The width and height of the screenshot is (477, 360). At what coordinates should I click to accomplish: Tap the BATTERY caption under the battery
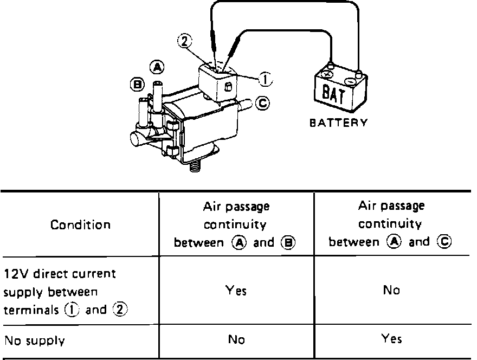[x=338, y=123]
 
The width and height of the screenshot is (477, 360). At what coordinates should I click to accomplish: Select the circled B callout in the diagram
[x=137, y=83]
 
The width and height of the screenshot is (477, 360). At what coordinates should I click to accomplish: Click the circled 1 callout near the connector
[x=266, y=80]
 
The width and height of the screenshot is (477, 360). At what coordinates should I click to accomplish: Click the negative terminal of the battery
[x=358, y=72]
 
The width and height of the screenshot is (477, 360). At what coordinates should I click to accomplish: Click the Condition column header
[x=80, y=224]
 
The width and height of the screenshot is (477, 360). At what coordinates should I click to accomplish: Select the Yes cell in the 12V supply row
[x=236, y=291]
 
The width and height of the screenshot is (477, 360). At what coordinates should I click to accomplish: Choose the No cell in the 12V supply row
[x=391, y=291]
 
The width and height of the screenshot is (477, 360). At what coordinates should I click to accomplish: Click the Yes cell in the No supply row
[x=391, y=339]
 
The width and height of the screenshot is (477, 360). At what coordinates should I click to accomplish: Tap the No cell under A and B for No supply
[x=236, y=340]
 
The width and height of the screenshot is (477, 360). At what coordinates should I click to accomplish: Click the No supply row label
[x=35, y=341]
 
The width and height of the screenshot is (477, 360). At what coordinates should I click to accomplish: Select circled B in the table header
[x=288, y=242]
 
